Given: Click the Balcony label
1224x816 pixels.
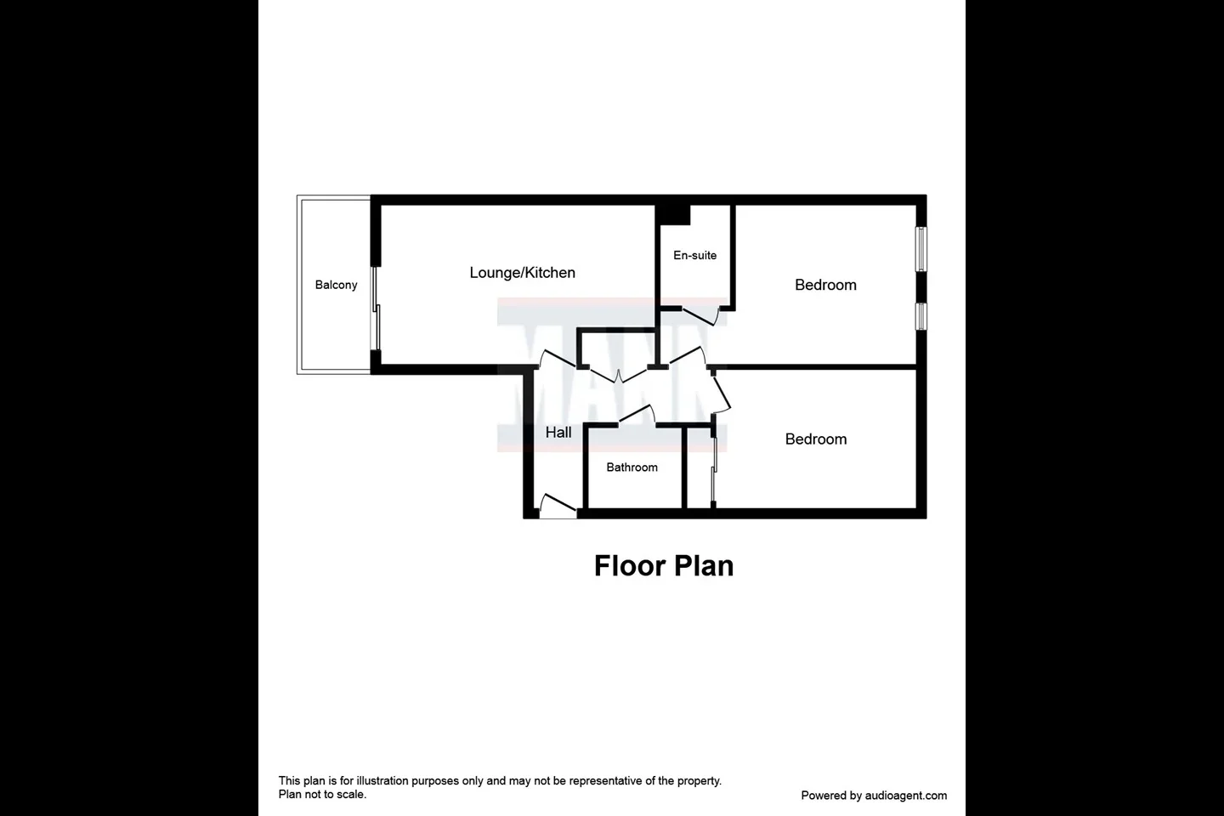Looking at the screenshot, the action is [336, 285].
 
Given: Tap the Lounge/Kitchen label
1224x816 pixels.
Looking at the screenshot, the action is [523, 273].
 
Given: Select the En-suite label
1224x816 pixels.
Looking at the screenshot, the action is [694, 255].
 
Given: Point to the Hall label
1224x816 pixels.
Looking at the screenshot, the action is [558, 433].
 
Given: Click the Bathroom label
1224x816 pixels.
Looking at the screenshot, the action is [632, 467].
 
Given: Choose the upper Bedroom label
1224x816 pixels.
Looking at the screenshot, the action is [825, 285].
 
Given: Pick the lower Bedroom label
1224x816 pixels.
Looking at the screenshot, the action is [816, 439].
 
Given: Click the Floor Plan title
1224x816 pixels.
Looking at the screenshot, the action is [663, 566].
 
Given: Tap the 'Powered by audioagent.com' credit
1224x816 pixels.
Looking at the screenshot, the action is [874, 796].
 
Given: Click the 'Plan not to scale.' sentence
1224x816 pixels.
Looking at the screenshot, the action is [322, 794].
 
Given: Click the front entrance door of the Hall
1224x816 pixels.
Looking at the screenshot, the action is [558, 507].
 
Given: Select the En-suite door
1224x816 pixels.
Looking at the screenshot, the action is [700, 317].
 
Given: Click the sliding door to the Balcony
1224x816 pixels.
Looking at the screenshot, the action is [376, 309].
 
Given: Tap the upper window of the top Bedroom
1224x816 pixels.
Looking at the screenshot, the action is [921, 249].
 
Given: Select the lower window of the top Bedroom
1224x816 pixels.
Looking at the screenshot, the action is [921, 316].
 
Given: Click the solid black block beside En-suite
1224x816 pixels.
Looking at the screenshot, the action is [672, 214].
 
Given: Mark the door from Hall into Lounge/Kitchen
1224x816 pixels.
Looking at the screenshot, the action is [558, 359].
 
